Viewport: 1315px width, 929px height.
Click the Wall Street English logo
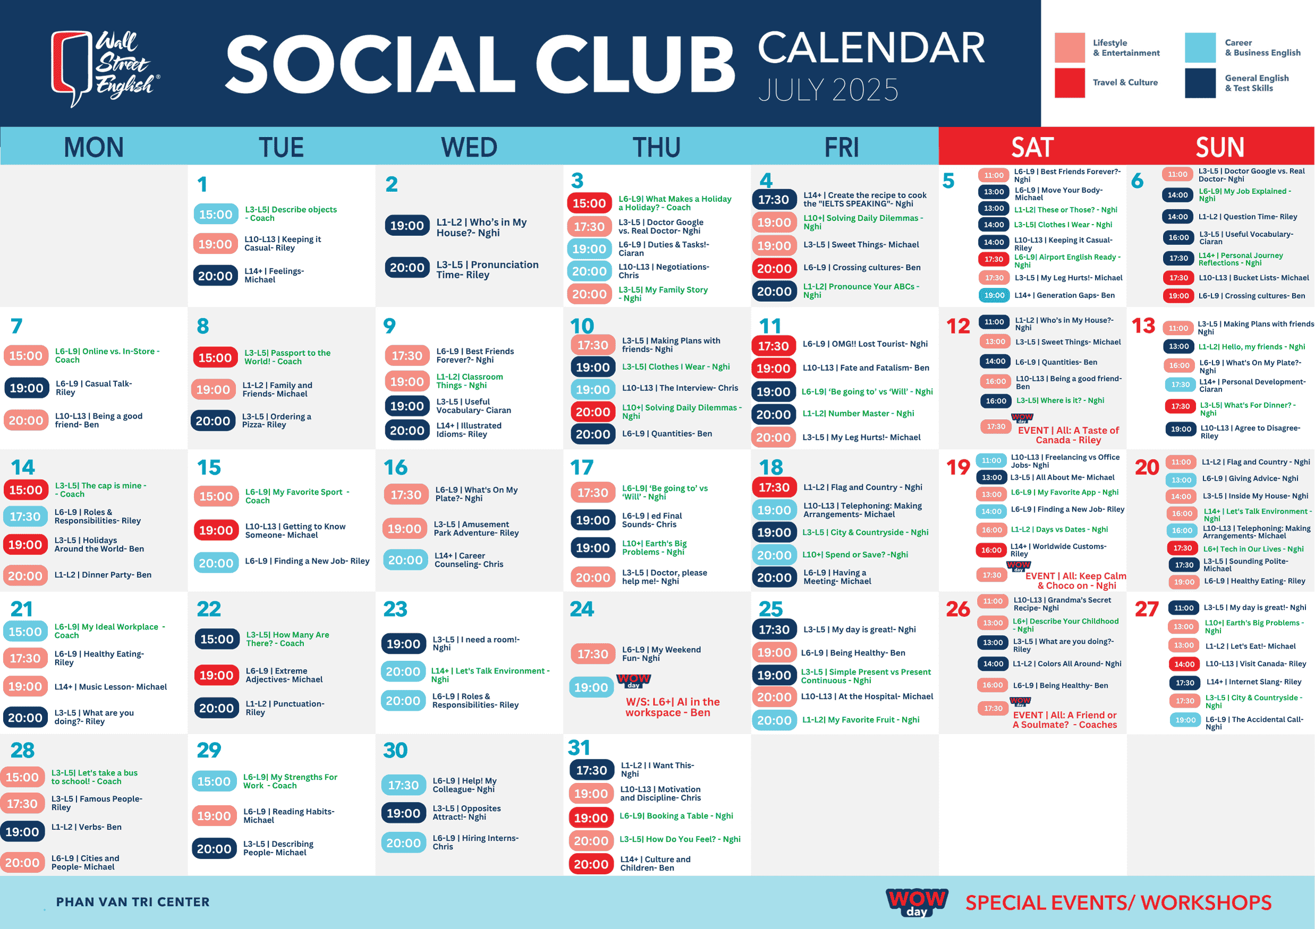(105, 68)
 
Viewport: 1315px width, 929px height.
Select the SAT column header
(1032, 147)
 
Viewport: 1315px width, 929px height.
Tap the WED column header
(469, 147)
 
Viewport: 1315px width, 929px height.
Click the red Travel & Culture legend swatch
(1070, 83)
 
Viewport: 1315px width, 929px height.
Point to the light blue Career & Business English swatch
(1200, 47)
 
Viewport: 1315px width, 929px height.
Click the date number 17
(582, 467)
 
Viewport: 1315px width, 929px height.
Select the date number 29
(209, 750)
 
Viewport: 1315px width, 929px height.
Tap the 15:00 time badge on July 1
(216, 214)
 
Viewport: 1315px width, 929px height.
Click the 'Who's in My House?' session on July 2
(481, 227)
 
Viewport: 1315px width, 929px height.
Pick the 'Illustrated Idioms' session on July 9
(469, 430)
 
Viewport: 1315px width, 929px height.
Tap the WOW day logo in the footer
(917, 901)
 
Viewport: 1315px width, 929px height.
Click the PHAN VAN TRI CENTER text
(133, 902)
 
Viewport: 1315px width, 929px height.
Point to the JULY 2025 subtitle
(828, 90)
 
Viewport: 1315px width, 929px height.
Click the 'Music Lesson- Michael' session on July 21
(111, 687)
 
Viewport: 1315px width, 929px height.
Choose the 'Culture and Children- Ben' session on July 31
(655, 864)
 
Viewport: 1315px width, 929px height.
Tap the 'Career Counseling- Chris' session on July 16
(469, 560)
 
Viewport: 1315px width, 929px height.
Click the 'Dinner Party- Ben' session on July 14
(103, 575)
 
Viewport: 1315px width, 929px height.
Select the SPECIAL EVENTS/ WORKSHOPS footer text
(1118, 902)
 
